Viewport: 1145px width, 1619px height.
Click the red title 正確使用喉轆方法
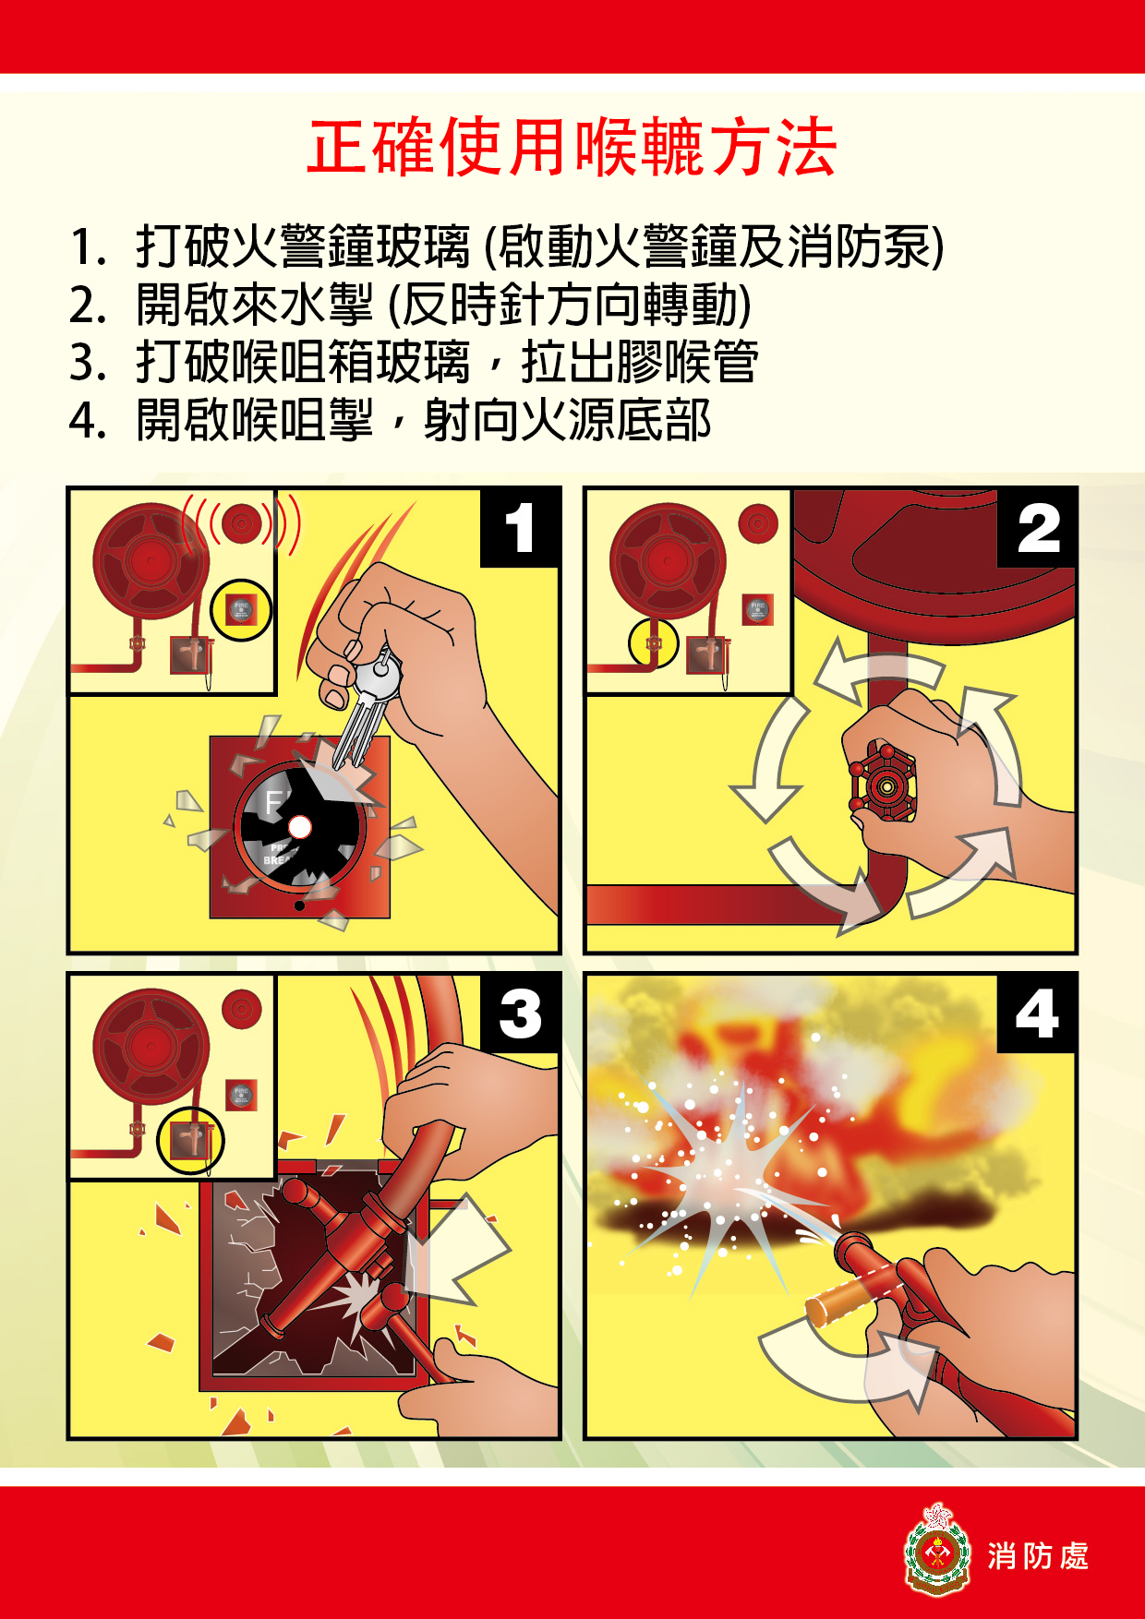(x=572, y=148)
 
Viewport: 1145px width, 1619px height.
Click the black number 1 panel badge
(x=520, y=527)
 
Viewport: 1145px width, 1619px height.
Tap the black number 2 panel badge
(x=1037, y=527)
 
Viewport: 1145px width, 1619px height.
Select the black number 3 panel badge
(x=520, y=1013)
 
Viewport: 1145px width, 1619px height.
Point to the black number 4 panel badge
(x=1037, y=1013)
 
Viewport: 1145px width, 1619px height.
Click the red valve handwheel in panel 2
(x=884, y=785)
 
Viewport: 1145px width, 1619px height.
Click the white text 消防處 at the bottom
(x=1038, y=1556)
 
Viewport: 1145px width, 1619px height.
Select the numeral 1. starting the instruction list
(x=89, y=247)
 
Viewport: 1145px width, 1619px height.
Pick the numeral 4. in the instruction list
(x=89, y=421)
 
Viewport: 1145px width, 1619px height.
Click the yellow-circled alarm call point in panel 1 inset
(x=241, y=610)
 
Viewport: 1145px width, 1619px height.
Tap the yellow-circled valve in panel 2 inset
(x=654, y=642)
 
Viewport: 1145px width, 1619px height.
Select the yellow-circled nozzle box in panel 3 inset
(x=191, y=1140)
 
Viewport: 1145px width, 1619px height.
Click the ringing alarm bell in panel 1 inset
(x=242, y=524)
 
